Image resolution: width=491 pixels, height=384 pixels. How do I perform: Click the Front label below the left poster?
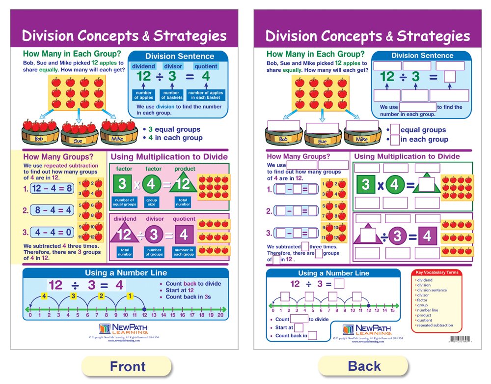[128, 366]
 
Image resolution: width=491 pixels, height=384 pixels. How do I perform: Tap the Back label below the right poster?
[364, 366]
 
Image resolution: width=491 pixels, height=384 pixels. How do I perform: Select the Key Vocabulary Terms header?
[437, 272]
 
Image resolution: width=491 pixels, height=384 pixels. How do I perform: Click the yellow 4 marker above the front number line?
[44, 296]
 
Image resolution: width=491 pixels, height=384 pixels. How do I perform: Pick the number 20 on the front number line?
[220, 315]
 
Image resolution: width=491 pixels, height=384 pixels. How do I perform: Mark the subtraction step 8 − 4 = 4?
[54, 210]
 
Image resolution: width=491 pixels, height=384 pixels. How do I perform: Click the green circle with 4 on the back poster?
[395, 185]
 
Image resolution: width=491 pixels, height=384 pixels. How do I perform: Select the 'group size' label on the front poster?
[151, 202]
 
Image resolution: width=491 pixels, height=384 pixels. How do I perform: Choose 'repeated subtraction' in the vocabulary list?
[432, 325]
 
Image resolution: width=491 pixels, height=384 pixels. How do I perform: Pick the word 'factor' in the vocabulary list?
[422, 300]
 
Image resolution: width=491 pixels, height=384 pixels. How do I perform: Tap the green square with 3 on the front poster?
[122, 185]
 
